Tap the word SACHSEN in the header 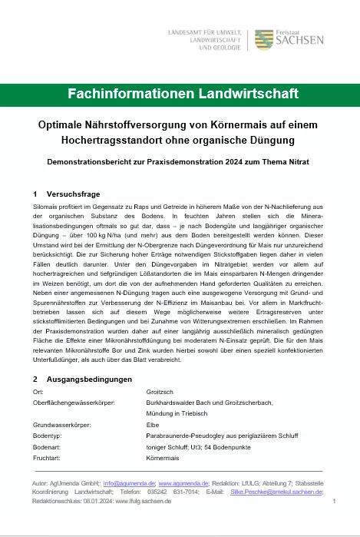pos(300,41)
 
